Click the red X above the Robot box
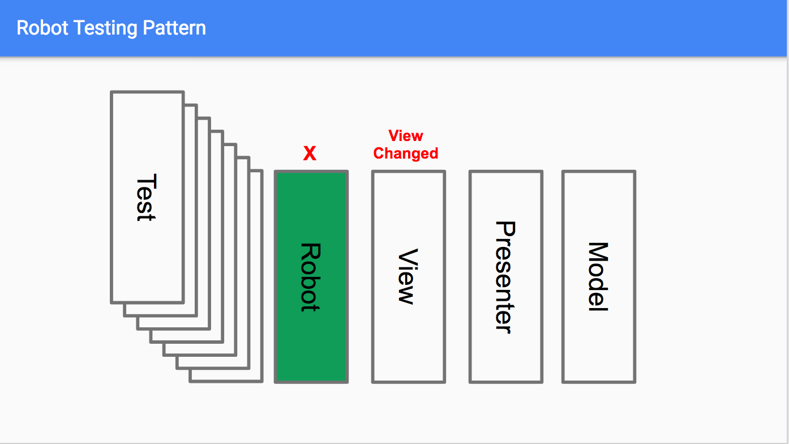coord(310,153)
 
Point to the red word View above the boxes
coord(406,136)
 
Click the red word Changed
coord(406,153)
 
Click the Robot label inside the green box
coord(310,277)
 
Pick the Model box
coord(599,351)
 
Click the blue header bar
coord(453,28)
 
